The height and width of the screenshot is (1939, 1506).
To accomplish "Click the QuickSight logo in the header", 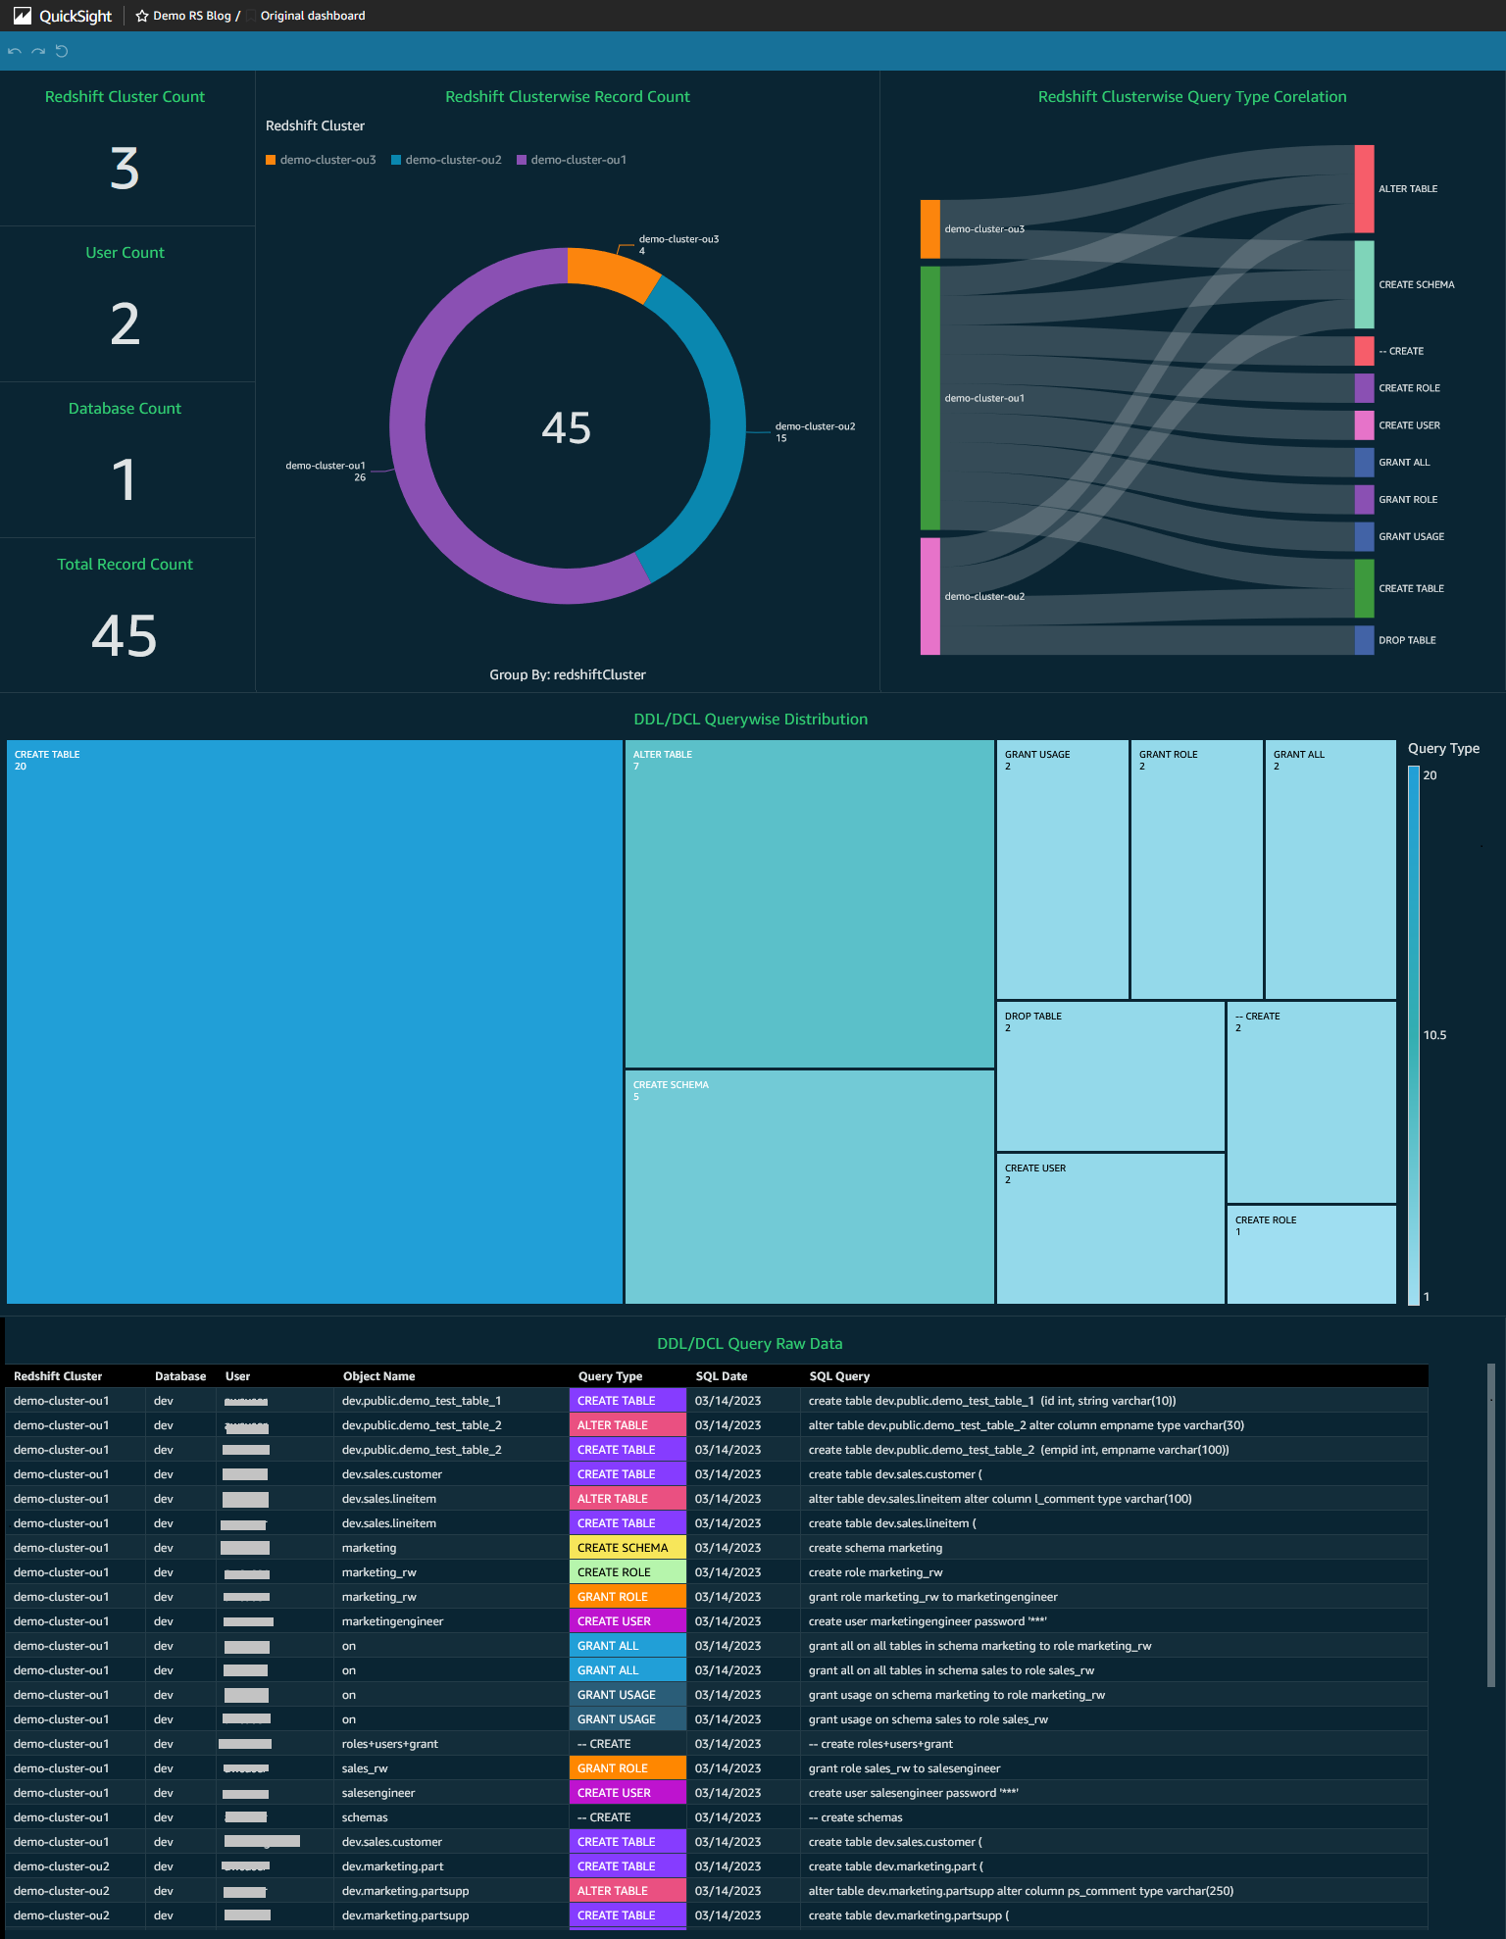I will (x=62, y=16).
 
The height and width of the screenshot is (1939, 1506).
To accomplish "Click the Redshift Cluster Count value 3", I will (x=125, y=169).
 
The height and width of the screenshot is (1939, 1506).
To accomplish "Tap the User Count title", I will (x=125, y=252).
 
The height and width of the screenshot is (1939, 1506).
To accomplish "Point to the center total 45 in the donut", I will (x=567, y=427).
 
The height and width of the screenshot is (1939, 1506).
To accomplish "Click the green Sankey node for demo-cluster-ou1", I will (x=929, y=398).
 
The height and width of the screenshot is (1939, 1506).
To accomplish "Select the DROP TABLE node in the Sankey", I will (x=1364, y=640).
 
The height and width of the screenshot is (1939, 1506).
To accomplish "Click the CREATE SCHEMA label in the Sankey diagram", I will (x=1416, y=284).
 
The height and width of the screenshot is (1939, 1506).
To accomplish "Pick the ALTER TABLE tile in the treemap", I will (x=809, y=902).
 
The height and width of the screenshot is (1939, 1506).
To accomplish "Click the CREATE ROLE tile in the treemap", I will (x=1311, y=1254).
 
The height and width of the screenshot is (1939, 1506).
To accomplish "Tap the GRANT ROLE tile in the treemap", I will (x=1196, y=869).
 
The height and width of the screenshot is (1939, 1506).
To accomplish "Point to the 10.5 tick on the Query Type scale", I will (x=1434, y=1035).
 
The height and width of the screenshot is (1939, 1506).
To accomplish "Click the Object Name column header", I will (x=378, y=1376).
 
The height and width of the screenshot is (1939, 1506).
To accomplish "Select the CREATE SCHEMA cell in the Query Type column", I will (x=623, y=1548).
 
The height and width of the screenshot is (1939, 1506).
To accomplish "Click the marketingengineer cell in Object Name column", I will (x=392, y=1621).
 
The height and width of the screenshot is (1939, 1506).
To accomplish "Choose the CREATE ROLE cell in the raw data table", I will (x=614, y=1572).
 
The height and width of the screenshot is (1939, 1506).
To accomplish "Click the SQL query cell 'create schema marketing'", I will (x=875, y=1548).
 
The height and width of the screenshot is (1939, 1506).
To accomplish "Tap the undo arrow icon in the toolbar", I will (x=15, y=51).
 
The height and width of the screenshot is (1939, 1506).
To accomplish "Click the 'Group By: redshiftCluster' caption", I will (x=568, y=674).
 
